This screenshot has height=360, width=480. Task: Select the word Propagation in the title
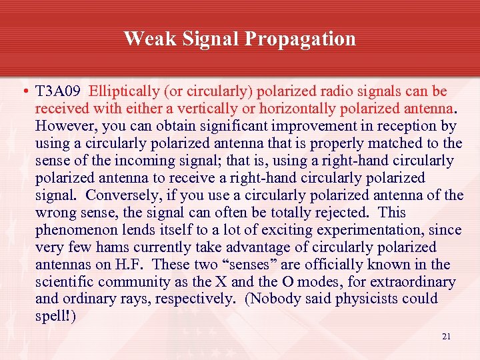coord(301,39)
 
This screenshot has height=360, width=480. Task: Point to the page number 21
coord(446,336)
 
